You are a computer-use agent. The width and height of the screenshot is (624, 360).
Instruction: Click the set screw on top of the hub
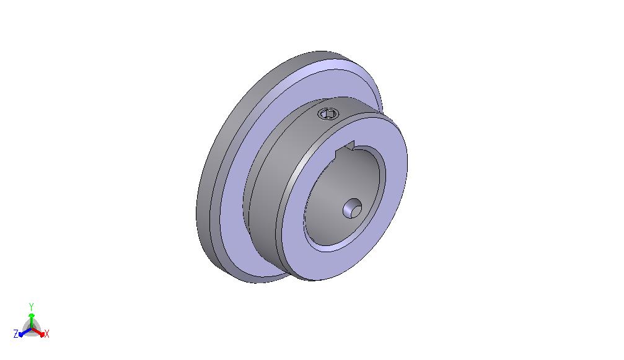[328, 114]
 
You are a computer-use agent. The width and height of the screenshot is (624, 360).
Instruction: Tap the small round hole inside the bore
[353, 209]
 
